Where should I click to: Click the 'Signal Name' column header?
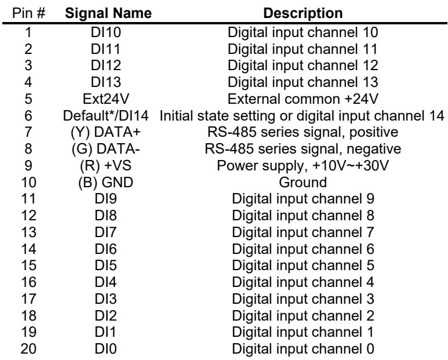[108, 13]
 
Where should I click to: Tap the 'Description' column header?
[303, 13]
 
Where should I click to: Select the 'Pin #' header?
[28, 13]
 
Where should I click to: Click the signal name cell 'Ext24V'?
[105, 99]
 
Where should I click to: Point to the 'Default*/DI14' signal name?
[105, 116]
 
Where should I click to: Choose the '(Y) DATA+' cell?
[105, 132]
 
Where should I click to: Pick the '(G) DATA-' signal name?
[105, 149]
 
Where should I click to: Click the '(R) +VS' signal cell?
[105, 166]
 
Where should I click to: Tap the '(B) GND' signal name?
[105, 182]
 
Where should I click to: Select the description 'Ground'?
[303, 182]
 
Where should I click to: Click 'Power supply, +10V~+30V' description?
[303, 166]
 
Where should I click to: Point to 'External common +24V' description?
[303, 99]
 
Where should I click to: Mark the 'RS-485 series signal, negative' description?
[303, 149]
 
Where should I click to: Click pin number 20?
[28, 349]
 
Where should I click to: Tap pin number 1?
[28, 32]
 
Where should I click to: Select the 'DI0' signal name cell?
[105, 349]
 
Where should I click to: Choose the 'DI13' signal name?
[105, 82]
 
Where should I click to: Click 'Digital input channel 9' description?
[303, 199]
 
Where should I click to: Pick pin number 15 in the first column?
[28, 266]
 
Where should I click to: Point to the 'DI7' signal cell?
[105, 232]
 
